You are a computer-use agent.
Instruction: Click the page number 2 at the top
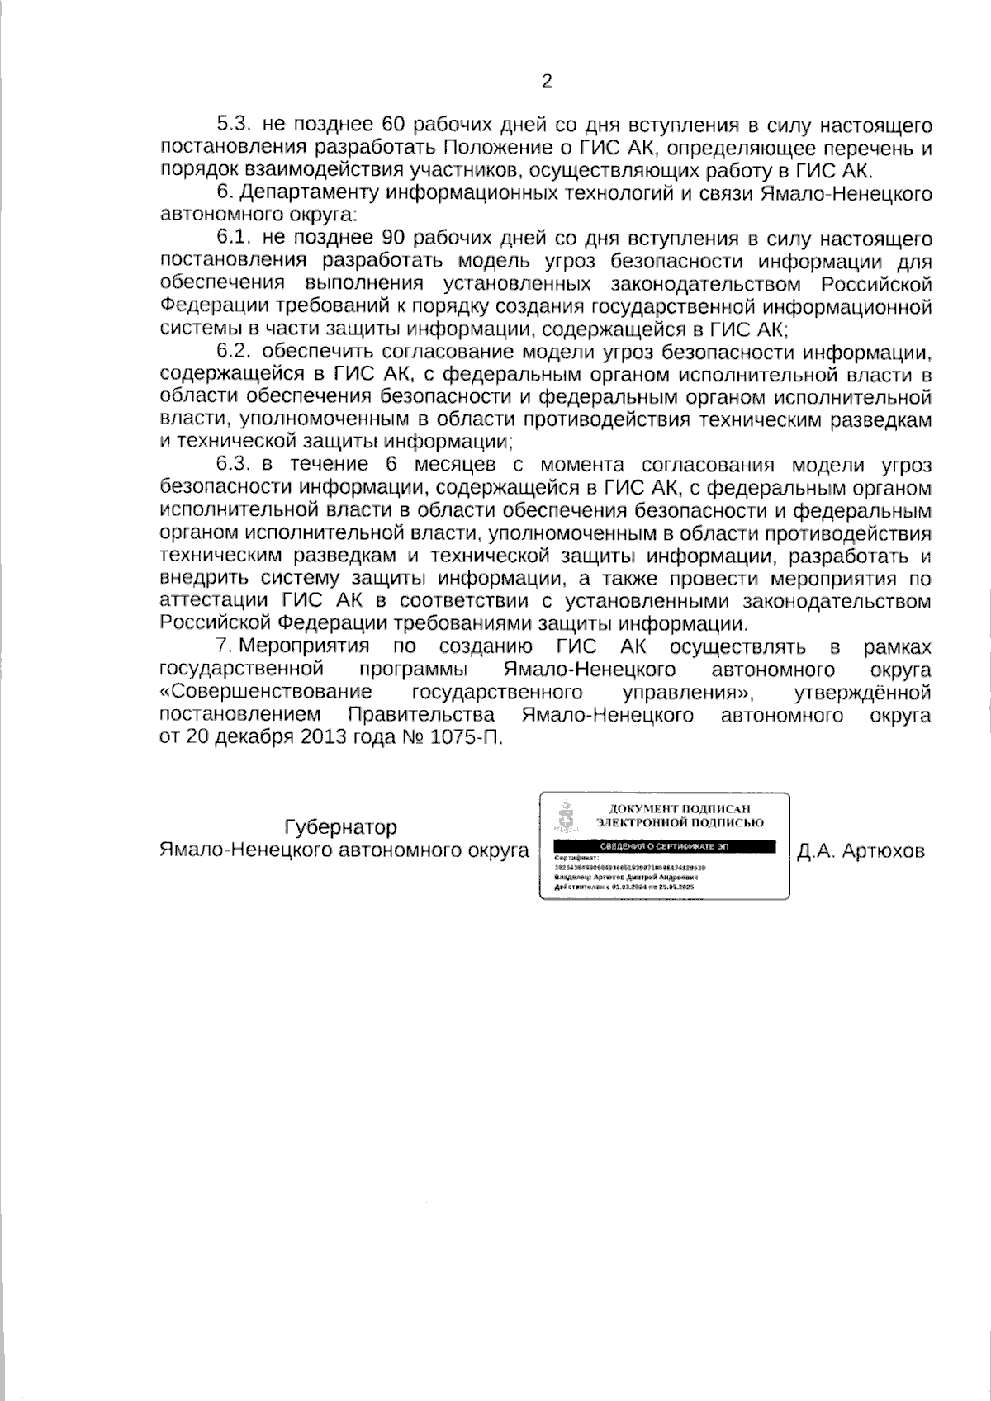(x=546, y=81)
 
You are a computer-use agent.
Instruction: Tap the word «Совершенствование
(x=265, y=691)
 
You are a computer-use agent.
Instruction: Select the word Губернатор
(x=340, y=827)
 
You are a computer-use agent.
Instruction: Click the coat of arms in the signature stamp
(x=566, y=817)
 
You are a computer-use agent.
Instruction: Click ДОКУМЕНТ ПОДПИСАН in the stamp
(x=680, y=809)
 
